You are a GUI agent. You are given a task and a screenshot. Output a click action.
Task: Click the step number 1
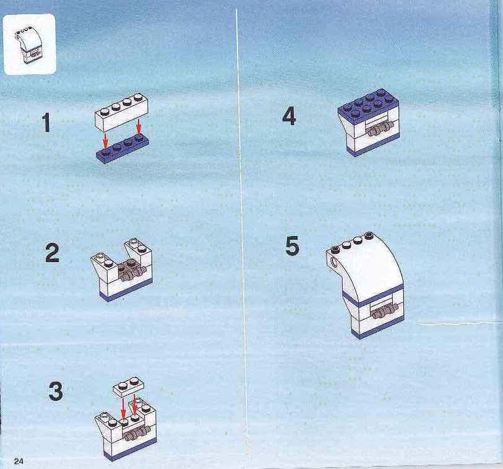click(x=46, y=123)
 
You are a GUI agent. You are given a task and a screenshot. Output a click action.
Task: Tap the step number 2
click(x=53, y=253)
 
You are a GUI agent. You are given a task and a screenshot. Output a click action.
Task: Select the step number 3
click(x=56, y=391)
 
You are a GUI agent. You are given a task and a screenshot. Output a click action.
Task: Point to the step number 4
click(x=289, y=116)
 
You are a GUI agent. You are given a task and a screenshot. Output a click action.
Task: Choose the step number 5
click(x=292, y=246)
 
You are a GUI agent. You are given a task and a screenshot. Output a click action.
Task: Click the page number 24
click(x=19, y=462)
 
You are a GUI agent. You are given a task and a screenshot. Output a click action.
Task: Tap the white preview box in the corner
click(x=30, y=45)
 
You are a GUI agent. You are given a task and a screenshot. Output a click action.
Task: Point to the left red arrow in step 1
click(x=105, y=141)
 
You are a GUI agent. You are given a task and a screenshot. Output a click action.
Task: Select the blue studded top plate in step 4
click(x=368, y=105)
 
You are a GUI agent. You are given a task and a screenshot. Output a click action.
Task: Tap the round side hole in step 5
click(x=334, y=263)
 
